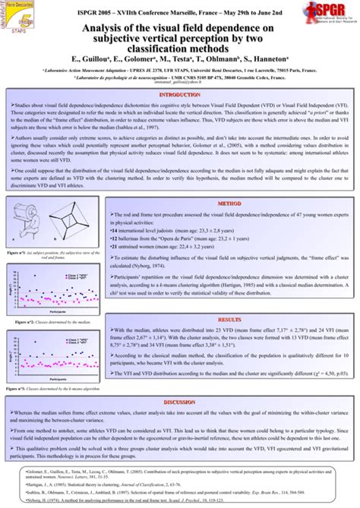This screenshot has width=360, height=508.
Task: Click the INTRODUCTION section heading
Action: click(179, 94)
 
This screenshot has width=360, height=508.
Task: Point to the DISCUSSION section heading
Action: click(179, 402)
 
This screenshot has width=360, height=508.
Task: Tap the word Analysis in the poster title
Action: click(109, 28)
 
